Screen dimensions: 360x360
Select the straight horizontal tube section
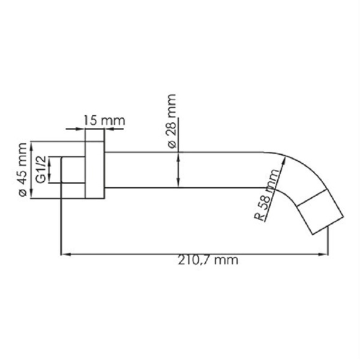click(x=186, y=170)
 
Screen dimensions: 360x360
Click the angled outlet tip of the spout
click(x=323, y=213)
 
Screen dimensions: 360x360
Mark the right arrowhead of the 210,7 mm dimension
click(x=324, y=254)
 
